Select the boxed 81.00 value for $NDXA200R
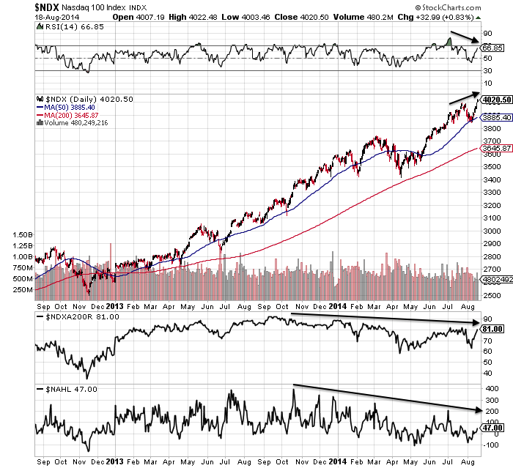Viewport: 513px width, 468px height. pyautogui.click(x=492, y=329)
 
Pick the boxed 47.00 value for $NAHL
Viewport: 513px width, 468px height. pyautogui.click(x=492, y=429)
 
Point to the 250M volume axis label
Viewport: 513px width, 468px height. pyautogui.click(x=22, y=289)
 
